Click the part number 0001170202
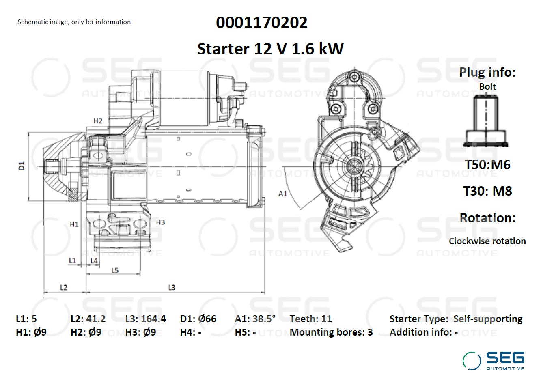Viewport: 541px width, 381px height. [x=261, y=23]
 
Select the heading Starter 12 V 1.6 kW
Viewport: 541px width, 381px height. [x=270, y=49]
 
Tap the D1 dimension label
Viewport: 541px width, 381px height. [x=22, y=166]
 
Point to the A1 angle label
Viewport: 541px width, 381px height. [x=282, y=194]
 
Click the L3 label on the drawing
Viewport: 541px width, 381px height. [x=172, y=287]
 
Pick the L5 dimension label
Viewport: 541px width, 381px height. [x=115, y=270]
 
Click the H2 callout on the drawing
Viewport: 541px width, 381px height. [x=98, y=121]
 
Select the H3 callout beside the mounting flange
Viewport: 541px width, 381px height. [x=160, y=222]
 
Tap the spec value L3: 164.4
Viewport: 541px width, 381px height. [x=146, y=319]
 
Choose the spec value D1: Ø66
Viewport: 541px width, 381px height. [x=198, y=319]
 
